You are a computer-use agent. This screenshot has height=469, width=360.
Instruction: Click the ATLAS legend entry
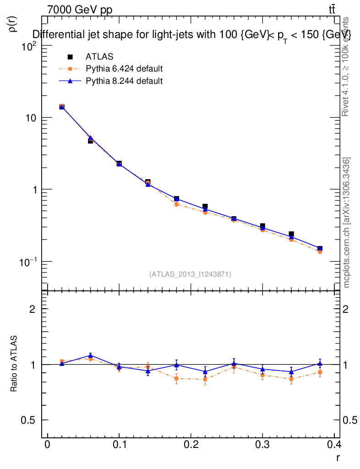coord(99,57)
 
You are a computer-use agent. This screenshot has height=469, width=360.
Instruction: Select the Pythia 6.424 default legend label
coord(124,69)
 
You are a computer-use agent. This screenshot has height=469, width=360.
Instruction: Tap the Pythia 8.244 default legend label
coord(124,81)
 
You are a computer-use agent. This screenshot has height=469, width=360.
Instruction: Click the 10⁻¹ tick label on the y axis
coord(28,262)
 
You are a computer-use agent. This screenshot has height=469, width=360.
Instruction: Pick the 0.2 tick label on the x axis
coord(191,445)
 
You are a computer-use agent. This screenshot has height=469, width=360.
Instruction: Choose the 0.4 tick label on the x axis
coord(335,445)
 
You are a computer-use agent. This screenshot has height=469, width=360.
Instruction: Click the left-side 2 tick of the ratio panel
coord(33,309)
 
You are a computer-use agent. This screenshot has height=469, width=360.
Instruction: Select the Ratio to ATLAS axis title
coord(14,364)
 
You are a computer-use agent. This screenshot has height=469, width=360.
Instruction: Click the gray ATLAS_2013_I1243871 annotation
coord(190,274)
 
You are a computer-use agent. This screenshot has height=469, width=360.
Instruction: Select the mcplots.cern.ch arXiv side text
coord(347,223)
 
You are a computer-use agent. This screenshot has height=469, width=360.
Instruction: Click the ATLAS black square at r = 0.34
coord(291,234)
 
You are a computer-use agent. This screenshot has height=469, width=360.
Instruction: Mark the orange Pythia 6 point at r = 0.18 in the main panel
coord(176,204)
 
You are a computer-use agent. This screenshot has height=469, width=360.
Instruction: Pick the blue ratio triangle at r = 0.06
coord(91,355)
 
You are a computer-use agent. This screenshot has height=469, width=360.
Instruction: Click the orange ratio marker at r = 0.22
coord(205,379)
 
